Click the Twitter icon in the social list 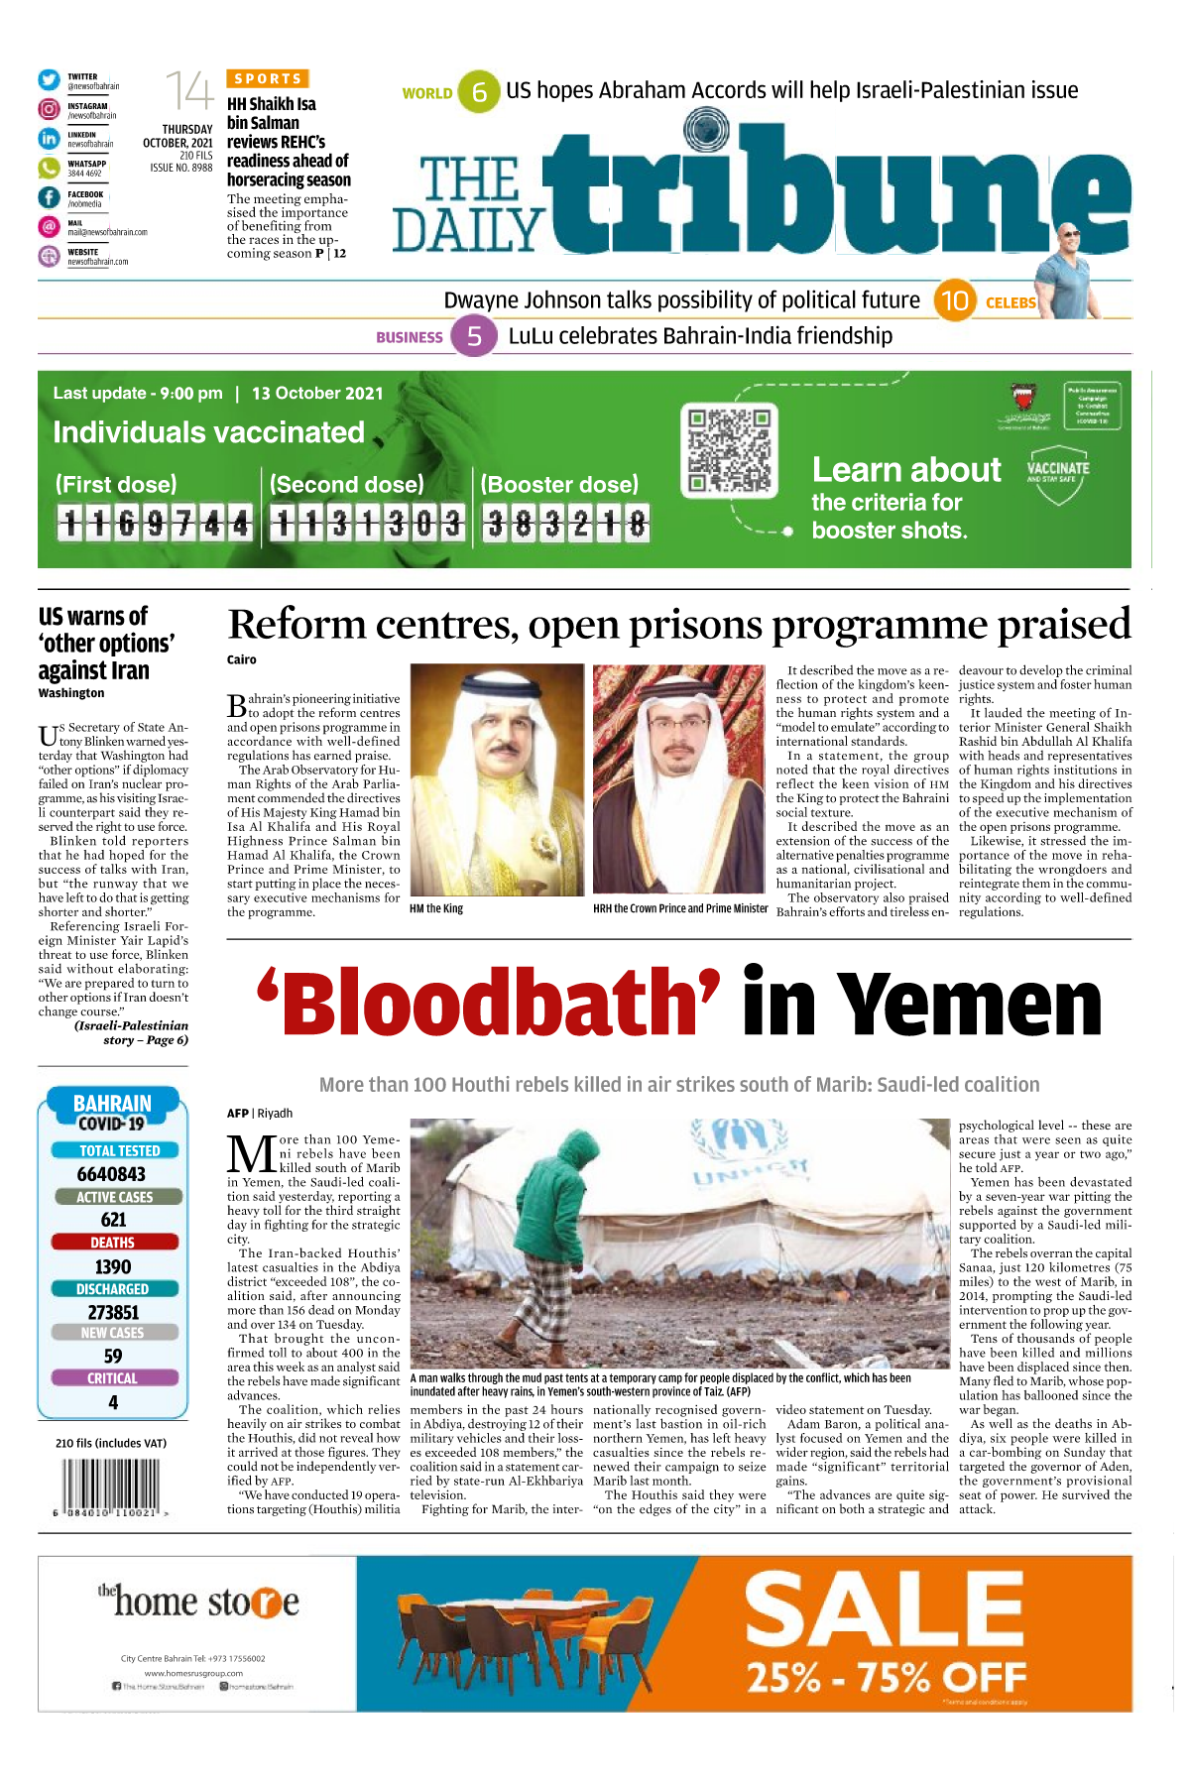click(x=49, y=80)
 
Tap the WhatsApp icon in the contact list click(x=49, y=169)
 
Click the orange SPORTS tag click(x=268, y=78)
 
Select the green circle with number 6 click(x=479, y=92)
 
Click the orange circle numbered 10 click(x=954, y=300)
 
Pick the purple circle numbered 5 click(x=474, y=336)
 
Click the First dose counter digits click(x=155, y=523)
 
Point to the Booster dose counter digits click(x=566, y=523)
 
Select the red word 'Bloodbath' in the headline click(x=489, y=1003)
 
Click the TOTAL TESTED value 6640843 click(x=112, y=1174)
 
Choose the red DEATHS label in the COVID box click(x=113, y=1243)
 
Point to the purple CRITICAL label click(x=113, y=1378)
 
